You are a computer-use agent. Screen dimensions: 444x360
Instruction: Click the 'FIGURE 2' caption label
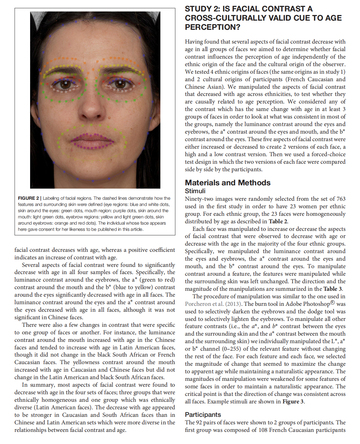click(28, 198)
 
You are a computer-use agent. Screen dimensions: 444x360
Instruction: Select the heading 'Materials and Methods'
click(227, 183)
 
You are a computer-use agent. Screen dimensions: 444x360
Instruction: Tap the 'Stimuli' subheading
click(195, 191)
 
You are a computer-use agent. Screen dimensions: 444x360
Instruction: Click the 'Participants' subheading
click(203, 415)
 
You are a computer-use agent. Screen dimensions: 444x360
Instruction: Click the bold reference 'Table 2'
click(278, 221)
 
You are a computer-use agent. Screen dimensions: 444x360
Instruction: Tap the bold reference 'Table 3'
click(332, 289)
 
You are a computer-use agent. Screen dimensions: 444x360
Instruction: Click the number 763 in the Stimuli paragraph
click(341, 199)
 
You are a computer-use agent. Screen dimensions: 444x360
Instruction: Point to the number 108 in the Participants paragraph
click(263, 430)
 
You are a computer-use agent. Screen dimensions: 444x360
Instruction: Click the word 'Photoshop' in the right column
click(315, 304)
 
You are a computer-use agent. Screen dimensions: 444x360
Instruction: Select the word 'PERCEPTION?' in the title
click(212, 27)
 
